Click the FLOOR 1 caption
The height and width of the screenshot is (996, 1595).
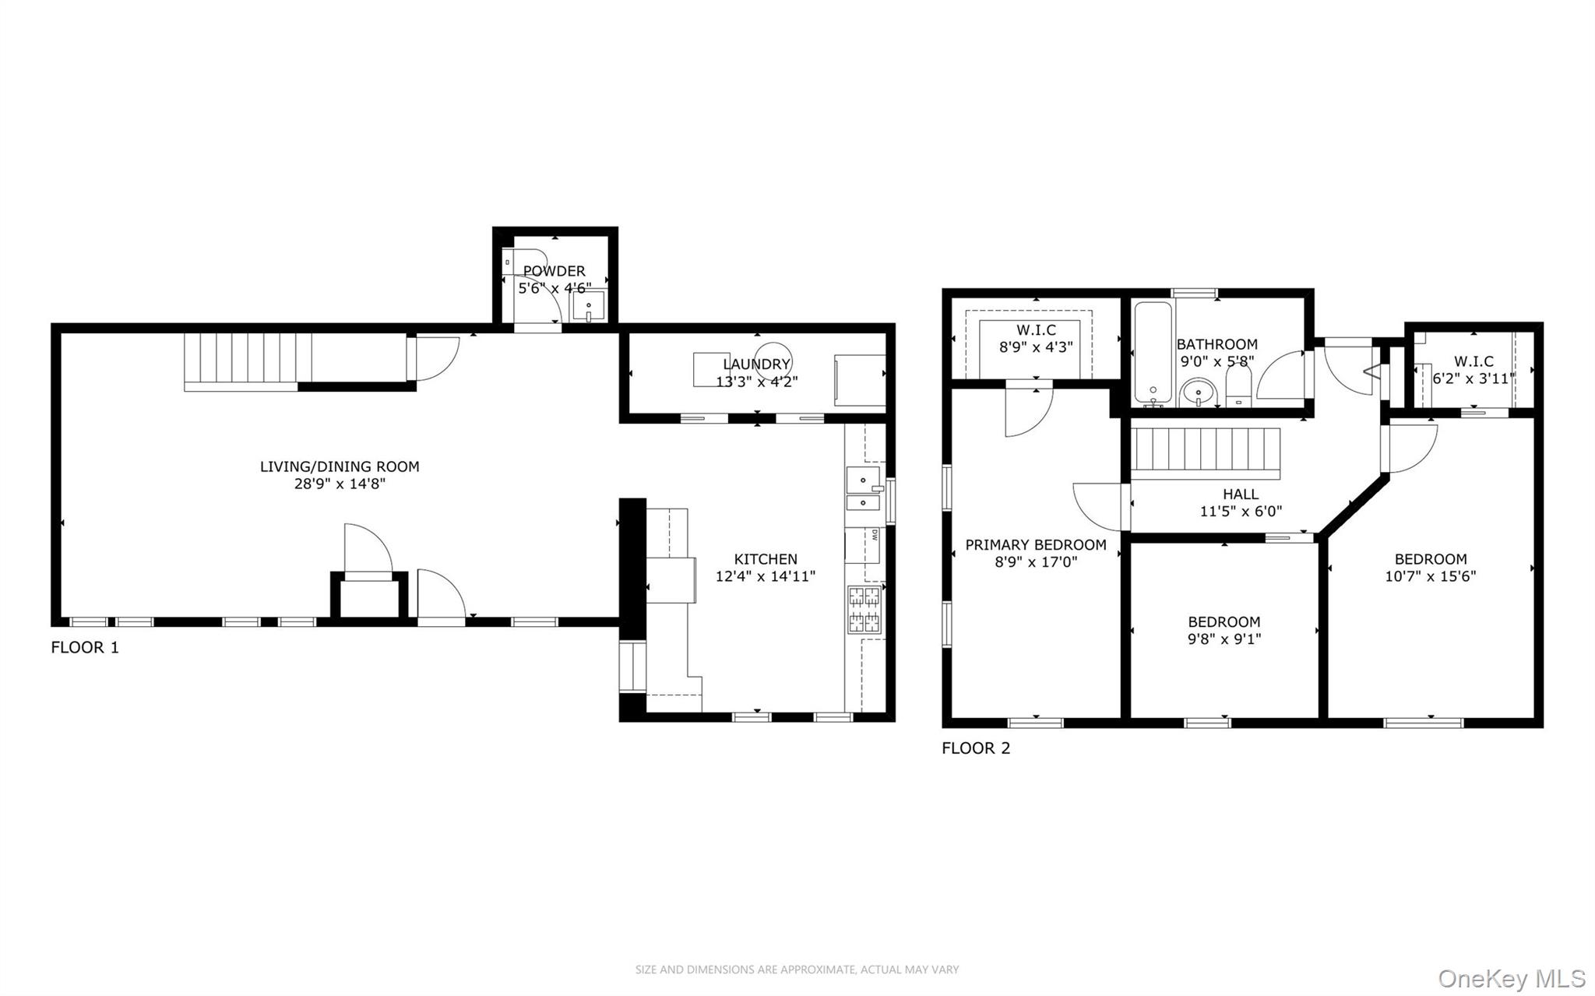(x=85, y=647)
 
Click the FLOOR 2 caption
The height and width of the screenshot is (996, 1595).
(x=975, y=748)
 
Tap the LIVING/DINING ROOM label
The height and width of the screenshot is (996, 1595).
(x=340, y=466)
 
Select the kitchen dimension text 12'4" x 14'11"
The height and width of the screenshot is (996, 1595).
(x=765, y=576)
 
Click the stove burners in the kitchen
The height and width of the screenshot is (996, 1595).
(x=864, y=609)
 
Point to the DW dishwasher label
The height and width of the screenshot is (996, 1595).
(x=875, y=535)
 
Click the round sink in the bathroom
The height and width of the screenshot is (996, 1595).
(x=1198, y=392)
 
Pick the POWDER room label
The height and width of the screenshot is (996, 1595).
(x=554, y=271)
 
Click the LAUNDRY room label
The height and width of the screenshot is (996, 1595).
(x=755, y=364)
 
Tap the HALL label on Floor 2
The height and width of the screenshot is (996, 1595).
(x=1240, y=494)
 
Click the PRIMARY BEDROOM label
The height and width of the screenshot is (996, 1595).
(x=1035, y=545)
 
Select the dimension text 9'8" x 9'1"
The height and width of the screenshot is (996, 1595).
(x=1224, y=639)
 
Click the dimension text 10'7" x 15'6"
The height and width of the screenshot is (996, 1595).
(x=1430, y=576)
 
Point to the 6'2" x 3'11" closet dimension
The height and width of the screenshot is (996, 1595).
(x=1473, y=378)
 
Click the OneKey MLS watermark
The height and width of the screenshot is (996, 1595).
(x=1511, y=977)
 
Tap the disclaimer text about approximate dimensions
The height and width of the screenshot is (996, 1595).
(x=797, y=970)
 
